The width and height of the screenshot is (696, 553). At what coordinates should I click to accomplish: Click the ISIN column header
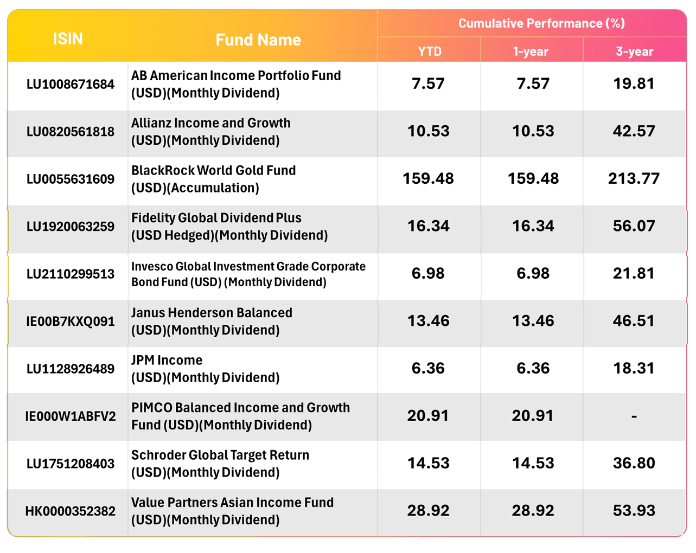[x=68, y=39]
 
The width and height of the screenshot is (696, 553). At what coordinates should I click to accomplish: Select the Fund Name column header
[x=258, y=40]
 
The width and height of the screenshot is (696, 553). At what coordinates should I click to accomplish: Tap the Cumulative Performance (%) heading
[x=541, y=23]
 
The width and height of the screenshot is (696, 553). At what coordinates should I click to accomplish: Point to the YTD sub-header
[x=429, y=52]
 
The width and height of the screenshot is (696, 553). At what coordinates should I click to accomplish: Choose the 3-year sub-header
[x=634, y=52]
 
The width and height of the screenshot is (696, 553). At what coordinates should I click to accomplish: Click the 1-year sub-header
[x=531, y=52]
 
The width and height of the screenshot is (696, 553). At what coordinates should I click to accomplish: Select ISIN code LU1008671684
[x=71, y=84]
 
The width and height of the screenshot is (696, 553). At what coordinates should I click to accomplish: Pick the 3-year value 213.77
[x=634, y=178]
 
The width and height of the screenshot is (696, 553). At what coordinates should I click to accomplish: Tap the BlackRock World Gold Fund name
[x=213, y=179]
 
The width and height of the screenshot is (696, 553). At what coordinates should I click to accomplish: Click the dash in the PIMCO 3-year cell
[x=634, y=416]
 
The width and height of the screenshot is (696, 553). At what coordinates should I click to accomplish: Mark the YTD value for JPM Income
[x=428, y=369]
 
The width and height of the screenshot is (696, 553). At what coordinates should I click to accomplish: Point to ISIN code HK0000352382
[x=71, y=511]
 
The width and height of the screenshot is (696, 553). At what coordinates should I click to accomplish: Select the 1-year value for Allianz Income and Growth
[x=533, y=131]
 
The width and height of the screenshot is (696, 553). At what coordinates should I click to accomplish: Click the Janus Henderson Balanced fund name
[x=212, y=321]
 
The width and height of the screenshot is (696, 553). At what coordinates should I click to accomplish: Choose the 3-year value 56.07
[x=634, y=226]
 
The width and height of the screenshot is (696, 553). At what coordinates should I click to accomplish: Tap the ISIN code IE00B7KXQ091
[x=71, y=321]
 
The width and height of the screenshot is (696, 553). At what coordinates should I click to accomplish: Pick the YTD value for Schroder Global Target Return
[x=428, y=464]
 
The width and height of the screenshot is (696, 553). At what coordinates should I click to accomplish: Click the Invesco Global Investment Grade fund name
[x=248, y=274]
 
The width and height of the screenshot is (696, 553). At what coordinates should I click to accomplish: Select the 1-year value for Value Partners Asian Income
[x=533, y=511]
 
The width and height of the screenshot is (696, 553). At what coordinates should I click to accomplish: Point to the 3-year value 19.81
[x=634, y=84]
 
